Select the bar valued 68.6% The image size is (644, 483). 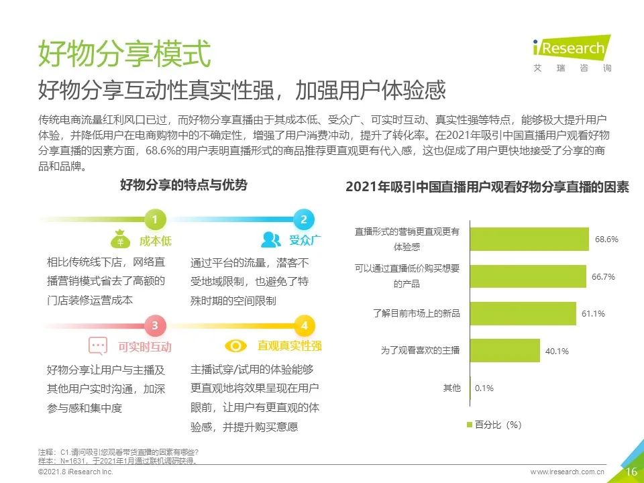pyautogui.click(x=529, y=239)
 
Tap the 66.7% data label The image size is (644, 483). pyautogui.click(x=604, y=276)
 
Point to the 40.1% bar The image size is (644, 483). pyautogui.click(x=505, y=350)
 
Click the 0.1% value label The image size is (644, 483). pyautogui.click(x=484, y=388)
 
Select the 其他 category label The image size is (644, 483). pyautogui.click(x=451, y=388)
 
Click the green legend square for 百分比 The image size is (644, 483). pyautogui.click(x=469, y=425)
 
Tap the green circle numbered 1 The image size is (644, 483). pyautogui.click(x=155, y=219)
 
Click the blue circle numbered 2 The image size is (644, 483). pyautogui.click(x=303, y=219)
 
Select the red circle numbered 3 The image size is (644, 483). pyautogui.click(x=155, y=326)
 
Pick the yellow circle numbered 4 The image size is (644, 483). pyautogui.click(x=303, y=326)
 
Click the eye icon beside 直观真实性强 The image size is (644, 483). pyautogui.click(x=235, y=346)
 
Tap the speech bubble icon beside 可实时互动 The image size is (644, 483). pyautogui.click(x=98, y=346)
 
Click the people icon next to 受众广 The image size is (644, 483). pyautogui.click(x=271, y=239)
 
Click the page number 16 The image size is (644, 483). pyautogui.click(x=631, y=472)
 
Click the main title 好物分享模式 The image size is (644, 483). pyautogui.click(x=124, y=53)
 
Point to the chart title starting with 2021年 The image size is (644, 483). pyautogui.click(x=487, y=188)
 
